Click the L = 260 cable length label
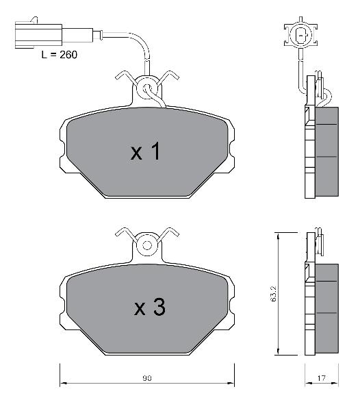point(60,55)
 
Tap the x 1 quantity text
point(145,151)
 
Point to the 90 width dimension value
point(147,378)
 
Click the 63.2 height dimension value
point(273,294)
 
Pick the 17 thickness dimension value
point(321,378)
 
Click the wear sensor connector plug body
point(39,34)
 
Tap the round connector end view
point(301,34)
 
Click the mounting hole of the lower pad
point(147,246)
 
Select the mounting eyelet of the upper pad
point(147,88)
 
